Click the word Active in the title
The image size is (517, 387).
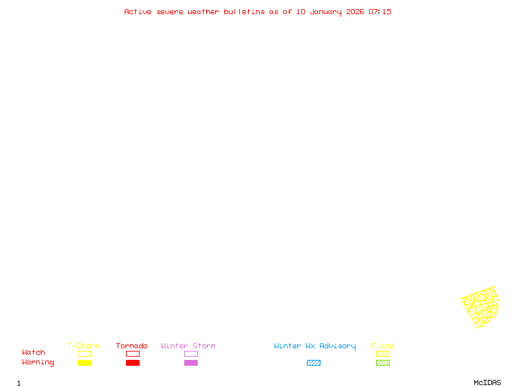pos(138,12)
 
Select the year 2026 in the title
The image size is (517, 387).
pos(355,12)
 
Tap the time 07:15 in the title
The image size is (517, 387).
pos(380,12)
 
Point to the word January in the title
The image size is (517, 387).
pos(326,12)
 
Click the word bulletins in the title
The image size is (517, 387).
pos(244,12)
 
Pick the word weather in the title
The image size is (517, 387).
pos(203,12)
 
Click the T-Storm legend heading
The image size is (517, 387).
pos(83,346)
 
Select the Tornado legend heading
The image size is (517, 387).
pos(132,346)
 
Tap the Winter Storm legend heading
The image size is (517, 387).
pos(188,346)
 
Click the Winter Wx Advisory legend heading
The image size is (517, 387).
pos(315,346)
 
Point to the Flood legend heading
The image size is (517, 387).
pos(382,346)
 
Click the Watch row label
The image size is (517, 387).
pos(34,352)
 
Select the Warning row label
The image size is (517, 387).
pos(38,362)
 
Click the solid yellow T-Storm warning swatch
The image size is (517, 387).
pos(85,362)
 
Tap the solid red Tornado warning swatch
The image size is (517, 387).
pos(133,362)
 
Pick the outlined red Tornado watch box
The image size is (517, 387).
pos(133,351)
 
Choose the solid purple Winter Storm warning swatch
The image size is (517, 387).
pos(191,362)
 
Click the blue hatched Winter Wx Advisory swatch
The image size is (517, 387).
pos(313,362)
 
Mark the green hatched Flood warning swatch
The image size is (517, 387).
pos(383,362)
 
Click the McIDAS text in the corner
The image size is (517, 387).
pos(487,382)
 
